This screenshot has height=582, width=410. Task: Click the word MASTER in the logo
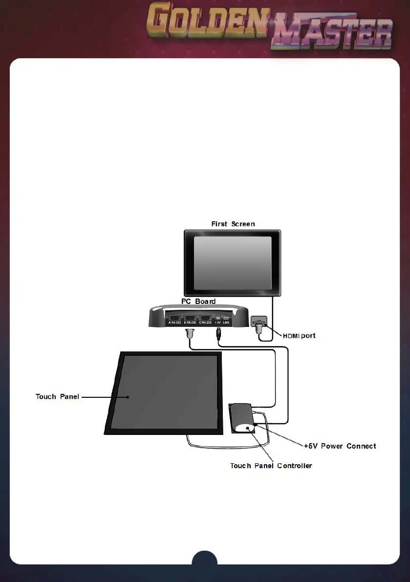[x=332, y=35]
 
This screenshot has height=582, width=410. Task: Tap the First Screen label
[x=233, y=224]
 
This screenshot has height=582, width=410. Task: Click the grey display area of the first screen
[x=232, y=263]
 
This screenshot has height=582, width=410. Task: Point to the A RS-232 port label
[x=174, y=323]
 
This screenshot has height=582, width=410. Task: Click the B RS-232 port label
[x=190, y=323]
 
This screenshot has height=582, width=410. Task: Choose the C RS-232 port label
[x=205, y=323]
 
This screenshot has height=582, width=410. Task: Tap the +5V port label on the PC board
[x=217, y=323]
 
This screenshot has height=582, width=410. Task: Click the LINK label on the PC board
[x=226, y=323]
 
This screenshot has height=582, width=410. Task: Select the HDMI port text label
[x=299, y=336]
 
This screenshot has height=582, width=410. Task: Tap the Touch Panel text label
[x=57, y=396]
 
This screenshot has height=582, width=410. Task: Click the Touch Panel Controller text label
[x=271, y=466]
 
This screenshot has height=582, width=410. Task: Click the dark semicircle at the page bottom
[x=204, y=558]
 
